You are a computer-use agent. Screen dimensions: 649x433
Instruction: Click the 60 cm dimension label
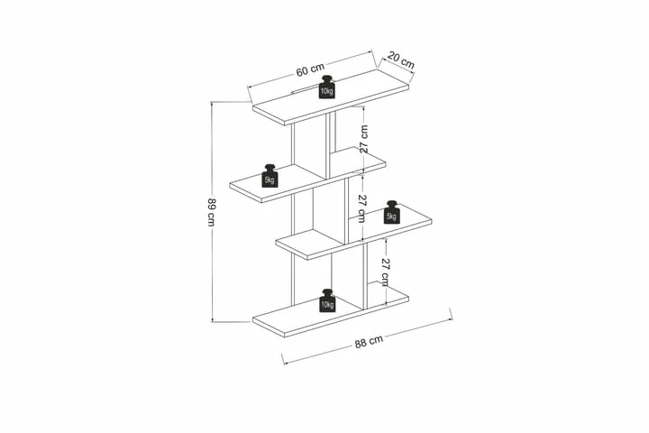pos(310,69)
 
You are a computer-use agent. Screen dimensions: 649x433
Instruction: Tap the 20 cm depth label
pos(401,60)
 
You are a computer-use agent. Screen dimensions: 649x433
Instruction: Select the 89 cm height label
pos(212,213)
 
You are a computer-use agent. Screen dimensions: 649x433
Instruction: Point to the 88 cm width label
pos(369,342)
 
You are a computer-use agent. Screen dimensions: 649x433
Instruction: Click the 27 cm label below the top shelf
pos(363,139)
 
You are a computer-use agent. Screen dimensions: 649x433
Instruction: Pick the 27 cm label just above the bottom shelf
pos(385,272)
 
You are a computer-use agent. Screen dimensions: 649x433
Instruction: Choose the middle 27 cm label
pos(361,208)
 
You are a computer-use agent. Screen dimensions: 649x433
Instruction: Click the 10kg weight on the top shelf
pos(327,87)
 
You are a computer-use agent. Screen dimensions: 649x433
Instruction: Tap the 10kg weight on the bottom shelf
pos(327,300)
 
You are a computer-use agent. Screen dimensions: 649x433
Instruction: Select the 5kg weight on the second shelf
pos(270,176)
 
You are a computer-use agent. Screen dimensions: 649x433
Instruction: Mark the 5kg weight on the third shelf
pos(391,212)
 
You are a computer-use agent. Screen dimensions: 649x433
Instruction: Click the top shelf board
pos(331,97)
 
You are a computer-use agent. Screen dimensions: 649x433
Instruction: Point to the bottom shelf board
pos(331,310)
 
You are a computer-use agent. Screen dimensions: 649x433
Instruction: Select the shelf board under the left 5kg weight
pos(307,174)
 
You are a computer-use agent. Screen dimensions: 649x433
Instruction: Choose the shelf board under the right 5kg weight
pos(354,231)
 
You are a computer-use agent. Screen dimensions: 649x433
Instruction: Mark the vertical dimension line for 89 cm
pos(212,211)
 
